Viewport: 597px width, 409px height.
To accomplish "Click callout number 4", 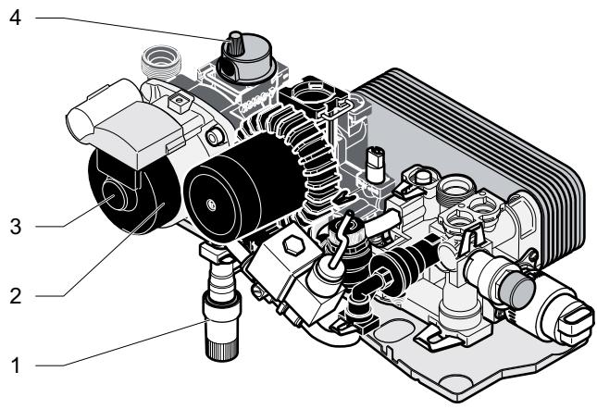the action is tap(15, 18).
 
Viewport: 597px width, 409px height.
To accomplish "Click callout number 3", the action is tap(15, 227).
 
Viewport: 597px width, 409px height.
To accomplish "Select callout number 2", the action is tap(15, 295).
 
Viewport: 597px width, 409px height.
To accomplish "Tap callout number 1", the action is tap(16, 366).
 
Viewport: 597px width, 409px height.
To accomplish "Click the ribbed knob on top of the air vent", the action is tap(233, 43).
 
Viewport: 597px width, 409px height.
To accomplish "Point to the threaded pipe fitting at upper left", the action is tap(161, 62).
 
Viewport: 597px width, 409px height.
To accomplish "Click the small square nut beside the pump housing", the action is tap(179, 102).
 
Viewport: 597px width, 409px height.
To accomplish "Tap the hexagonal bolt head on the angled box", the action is tap(292, 246).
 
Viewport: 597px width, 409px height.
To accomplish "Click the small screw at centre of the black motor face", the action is tap(210, 205).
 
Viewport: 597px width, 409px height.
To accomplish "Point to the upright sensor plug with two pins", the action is tap(374, 164).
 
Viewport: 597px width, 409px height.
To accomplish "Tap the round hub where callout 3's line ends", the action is tap(113, 196).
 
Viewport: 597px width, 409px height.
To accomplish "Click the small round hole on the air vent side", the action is tap(230, 68).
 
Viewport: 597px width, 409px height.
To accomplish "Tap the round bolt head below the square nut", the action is tap(215, 137).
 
